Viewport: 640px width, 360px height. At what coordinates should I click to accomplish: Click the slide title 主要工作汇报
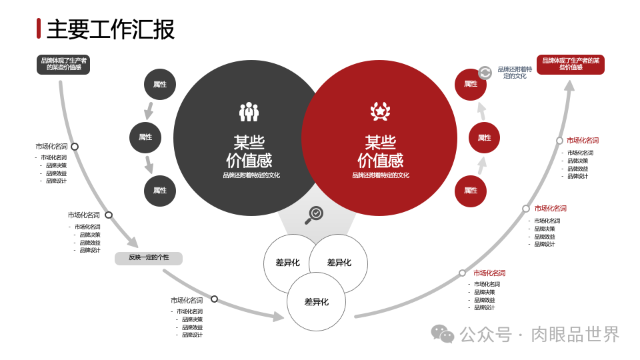point(111,29)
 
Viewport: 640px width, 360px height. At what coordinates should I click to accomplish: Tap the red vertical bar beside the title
point(39,29)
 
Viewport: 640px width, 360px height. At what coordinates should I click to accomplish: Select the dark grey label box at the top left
point(63,64)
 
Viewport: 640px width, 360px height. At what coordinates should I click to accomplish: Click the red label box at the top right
point(570,64)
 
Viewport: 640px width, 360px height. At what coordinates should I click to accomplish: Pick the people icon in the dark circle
point(249,112)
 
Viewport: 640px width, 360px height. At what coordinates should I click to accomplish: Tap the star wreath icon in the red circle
point(380,111)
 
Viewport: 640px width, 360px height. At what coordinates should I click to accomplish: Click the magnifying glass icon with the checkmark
point(314,215)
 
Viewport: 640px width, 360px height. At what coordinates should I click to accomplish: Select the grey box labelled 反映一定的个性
point(149,258)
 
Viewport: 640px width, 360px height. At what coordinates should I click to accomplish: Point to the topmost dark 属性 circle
point(160,84)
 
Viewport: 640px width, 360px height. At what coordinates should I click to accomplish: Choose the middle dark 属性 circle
point(145,137)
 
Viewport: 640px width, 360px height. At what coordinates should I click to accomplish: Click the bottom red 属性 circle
point(471,191)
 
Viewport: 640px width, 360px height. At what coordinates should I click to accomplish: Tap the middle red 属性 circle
point(484,137)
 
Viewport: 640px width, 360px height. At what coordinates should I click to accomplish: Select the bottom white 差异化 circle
point(317,301)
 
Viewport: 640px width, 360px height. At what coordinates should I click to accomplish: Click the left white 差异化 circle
point(288,263)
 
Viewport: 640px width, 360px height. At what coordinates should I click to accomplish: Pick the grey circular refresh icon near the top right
point(485,72)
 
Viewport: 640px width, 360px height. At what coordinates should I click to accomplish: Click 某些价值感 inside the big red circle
point(380,152)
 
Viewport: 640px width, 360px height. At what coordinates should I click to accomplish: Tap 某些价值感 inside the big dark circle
point(249,152)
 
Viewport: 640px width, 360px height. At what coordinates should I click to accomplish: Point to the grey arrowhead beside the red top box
point(569,85)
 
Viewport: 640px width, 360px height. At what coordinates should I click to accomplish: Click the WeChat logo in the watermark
point(442,333)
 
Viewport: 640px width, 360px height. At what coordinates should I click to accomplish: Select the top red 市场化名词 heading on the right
point(583,141)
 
